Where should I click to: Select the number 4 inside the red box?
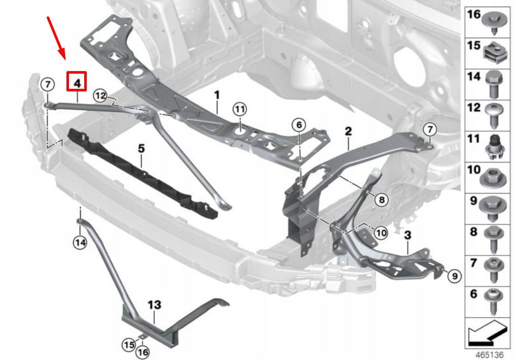point(77,81)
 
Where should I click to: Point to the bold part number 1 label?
point(217,95)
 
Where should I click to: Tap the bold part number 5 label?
point(141,148)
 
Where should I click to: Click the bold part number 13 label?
point(154,305)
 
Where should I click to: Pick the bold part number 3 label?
point(407,235)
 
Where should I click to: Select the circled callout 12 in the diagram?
point(100,95)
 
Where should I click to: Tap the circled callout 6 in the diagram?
point(299,125)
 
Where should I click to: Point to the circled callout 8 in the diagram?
point(381,200)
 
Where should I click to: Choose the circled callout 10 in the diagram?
point(381,233)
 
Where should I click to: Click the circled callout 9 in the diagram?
point(454,276)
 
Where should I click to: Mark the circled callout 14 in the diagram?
point(80,243)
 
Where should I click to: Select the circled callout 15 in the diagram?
point(129,345)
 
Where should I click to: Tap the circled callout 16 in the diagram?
point(143,351)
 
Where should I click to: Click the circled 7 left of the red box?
point(46,84)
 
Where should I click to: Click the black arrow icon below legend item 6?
point(488,333)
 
